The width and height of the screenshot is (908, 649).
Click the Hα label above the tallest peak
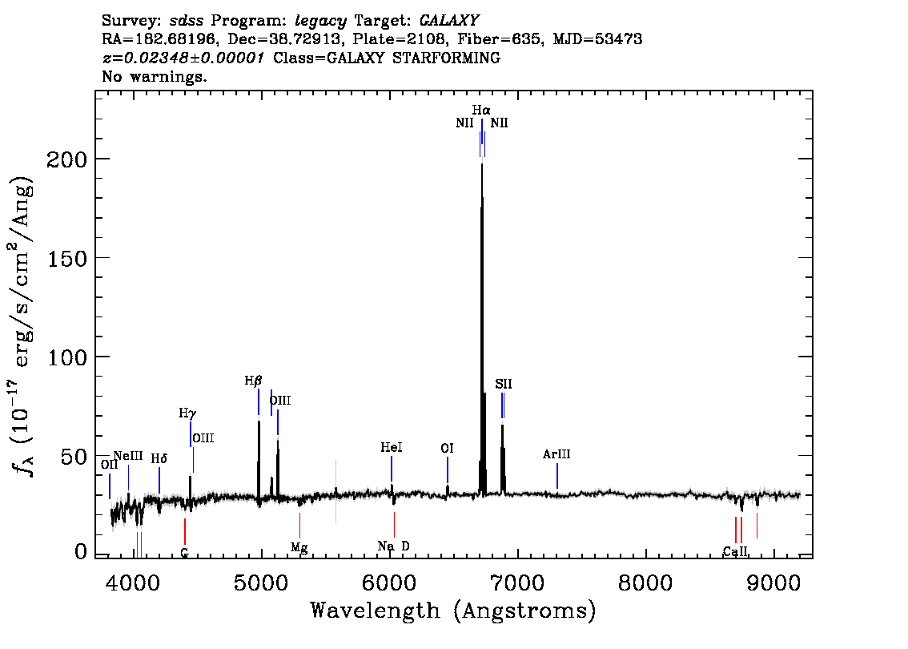click(x=480, y=110)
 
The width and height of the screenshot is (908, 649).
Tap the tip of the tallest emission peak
click(x=482, y=164)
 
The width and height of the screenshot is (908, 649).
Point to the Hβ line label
click(x=253, y=381)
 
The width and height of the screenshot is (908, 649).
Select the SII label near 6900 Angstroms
click(x=503, y=384)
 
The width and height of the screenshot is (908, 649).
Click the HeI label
click(x=392, y=447)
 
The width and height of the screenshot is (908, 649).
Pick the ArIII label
click(x=556, y=454)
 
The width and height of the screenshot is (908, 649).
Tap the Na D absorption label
click(x=394, y=546)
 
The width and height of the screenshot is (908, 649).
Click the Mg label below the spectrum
click(x=299, y=547)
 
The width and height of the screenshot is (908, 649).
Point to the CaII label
click(x=735, y=551)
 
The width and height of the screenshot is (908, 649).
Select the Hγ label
click(x=187, y=413)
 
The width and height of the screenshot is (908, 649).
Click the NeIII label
click(x=128, y=456)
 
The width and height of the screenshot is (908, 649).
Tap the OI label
click(x=447, y=448)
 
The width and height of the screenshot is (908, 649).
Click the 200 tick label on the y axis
click(x=66, y=159)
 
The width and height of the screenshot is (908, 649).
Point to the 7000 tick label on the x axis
click(x=517, y=583)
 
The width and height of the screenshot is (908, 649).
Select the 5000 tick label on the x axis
click(x=260, y=583)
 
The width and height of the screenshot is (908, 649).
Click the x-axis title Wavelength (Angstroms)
click(x=453, y=611)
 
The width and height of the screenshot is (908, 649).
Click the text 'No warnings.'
click(x=154, y=76)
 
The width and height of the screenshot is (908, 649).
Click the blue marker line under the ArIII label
click(x=557, y=476)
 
